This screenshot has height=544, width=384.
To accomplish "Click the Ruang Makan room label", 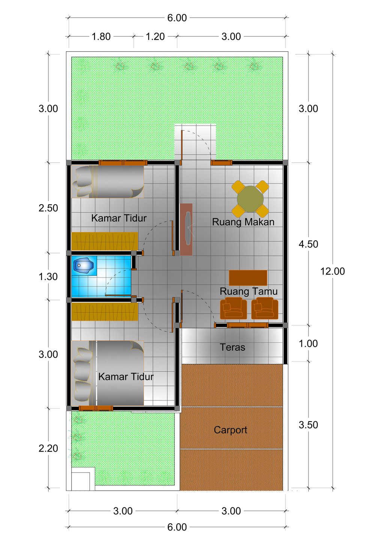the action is [243, 222].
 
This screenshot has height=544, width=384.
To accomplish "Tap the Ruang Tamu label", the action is [249, 291].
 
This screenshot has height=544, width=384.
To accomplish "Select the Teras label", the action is [232, 347].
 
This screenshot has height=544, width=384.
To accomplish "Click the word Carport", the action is [231, 430].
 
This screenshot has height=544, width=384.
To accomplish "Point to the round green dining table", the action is [250, 199].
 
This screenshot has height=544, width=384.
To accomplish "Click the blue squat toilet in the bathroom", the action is [84, 265].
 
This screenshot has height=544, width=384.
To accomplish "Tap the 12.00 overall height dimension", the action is [332, 271].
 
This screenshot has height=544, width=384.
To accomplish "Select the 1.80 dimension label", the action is [101, 37].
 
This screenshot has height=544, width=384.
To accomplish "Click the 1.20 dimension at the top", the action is [155, 37].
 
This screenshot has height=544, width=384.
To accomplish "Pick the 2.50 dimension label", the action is [48, 208].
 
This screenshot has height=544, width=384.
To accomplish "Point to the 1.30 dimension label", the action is [48, 277].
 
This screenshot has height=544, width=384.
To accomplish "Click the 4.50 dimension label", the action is [308, 244].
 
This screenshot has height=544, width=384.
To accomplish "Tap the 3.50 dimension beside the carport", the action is [308, 425].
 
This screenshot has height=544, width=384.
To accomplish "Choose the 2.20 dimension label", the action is [48, 449].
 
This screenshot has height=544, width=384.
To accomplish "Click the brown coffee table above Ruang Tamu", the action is [248, 278].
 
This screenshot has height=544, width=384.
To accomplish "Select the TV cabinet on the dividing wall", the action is [186, 229].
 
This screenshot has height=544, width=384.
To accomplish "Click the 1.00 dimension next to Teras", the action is [308, 344].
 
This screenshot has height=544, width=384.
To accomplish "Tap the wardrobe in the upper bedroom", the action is [105, 241].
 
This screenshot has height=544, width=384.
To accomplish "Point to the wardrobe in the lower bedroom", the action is [105, 312].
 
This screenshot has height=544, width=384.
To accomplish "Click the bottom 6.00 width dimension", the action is [177, 527].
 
